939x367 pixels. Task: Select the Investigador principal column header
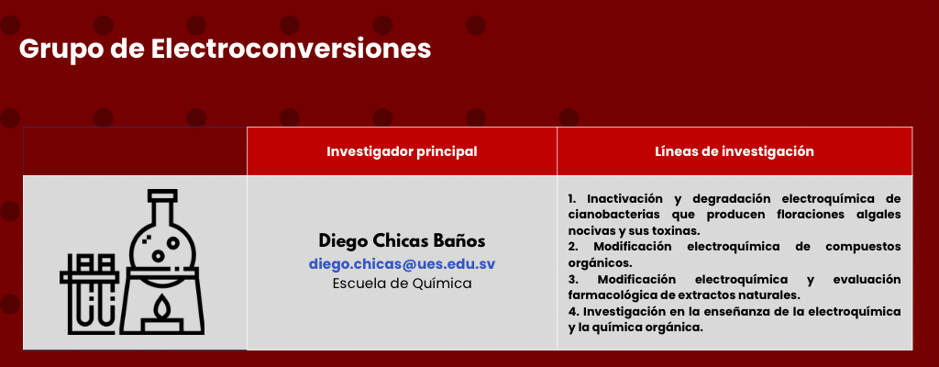(x=402, y=151)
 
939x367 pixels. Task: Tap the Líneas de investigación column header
(x=735, y=151)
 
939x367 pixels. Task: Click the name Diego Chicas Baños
(x=402, y=241)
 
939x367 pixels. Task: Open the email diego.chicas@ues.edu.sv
(x=402, y=264)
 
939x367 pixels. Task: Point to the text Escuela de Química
(x=402, y=284)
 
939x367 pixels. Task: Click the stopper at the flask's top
(x=163, y=195)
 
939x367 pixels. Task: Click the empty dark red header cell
(x=135, y=151)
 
